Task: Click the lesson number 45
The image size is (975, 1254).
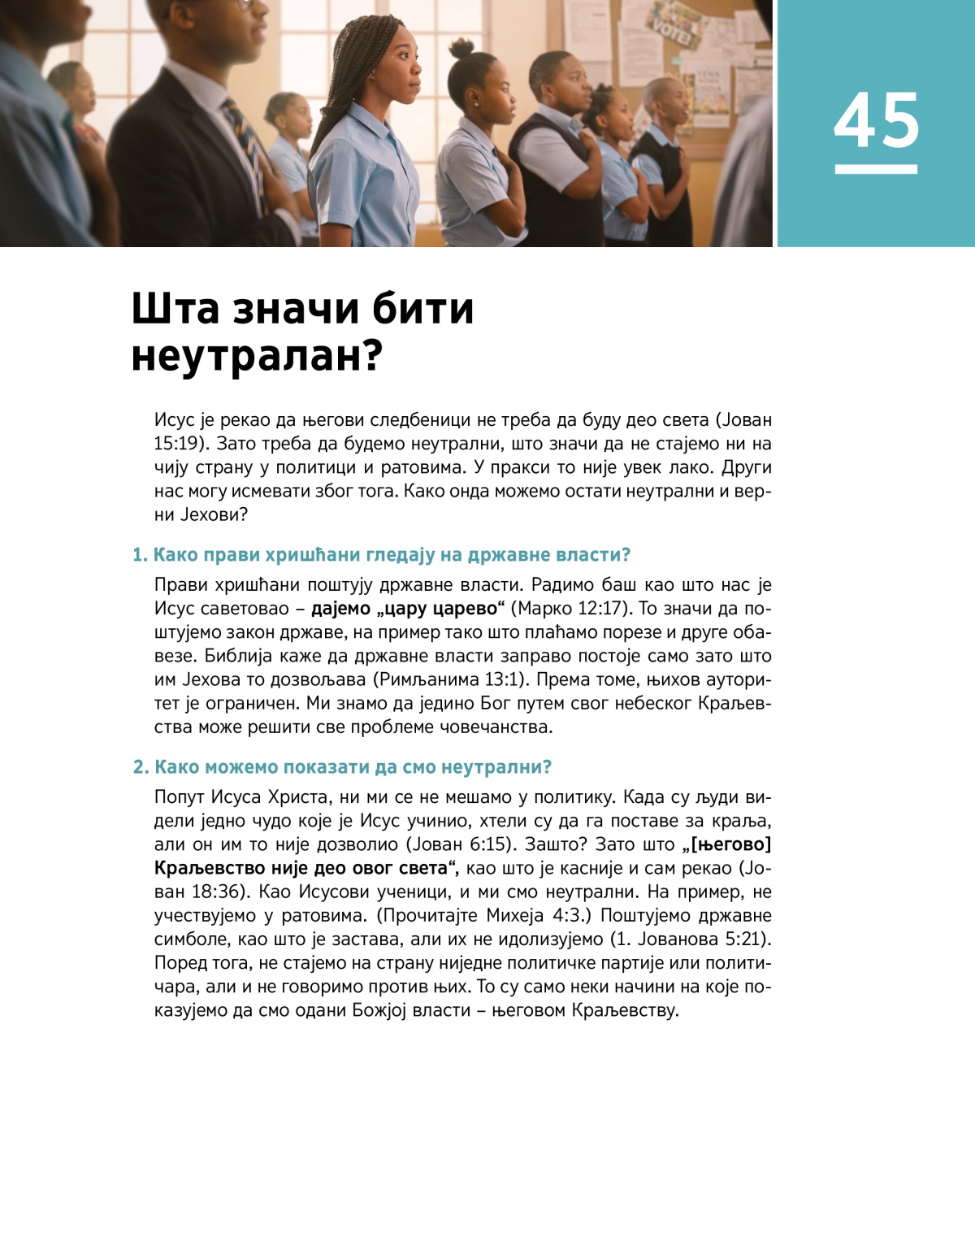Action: pyautogui.click(x=876, y=120)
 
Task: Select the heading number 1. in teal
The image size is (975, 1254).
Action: pyautogui.click(x=140, y=555)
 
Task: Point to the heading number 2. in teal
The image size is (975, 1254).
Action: pyautogui.click(x=141, y=767)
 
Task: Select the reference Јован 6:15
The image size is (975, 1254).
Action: pyautogui.click(x=456, y=844)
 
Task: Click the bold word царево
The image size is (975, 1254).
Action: pyautogui.click(x=464, y=609)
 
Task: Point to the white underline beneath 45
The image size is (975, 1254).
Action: pyautogui.click(x=876, y=169)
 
